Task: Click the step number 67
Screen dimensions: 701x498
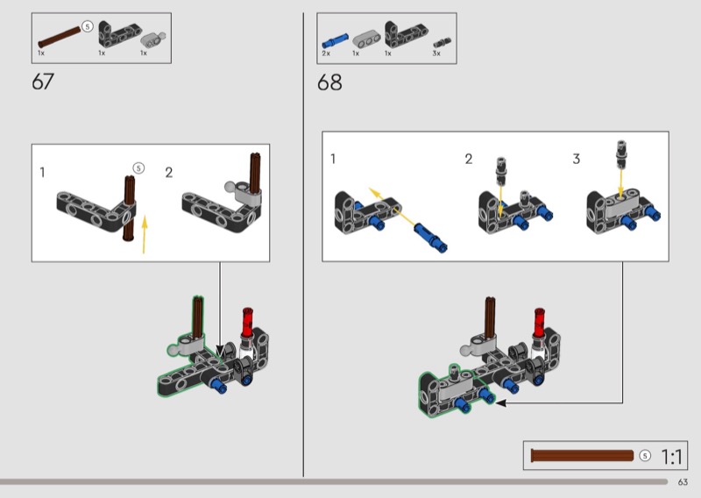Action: [x=43, y=82]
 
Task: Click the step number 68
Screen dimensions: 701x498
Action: [x=329, y=82]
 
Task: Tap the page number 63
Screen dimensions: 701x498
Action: [x=683, y=482]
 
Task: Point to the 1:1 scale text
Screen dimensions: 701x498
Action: [x=671, y=457]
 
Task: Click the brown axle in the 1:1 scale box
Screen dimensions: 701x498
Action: [x=582, y=456]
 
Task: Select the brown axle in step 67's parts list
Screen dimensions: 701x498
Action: [x=60, y=37]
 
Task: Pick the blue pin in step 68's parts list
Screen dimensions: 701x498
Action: [x=335, y=40]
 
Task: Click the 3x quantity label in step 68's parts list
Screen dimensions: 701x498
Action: [x=436, y=53]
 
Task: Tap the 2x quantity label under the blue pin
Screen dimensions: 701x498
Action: [x=326, y=53]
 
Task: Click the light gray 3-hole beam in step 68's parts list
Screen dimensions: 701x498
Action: [x=366, y=39]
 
